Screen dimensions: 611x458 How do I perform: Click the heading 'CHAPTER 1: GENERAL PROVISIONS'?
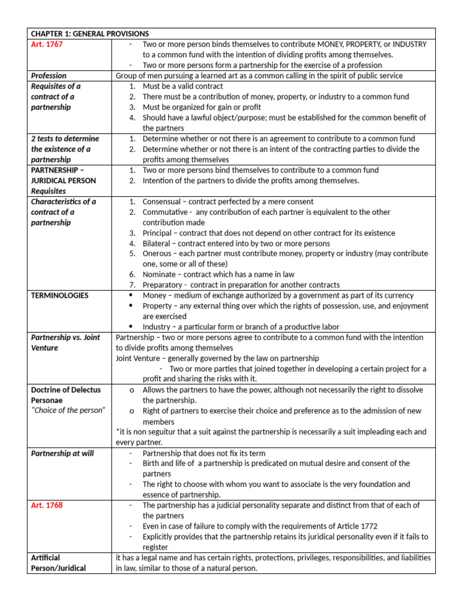tap(89, 33)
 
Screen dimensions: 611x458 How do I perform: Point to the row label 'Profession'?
tap(49, 76)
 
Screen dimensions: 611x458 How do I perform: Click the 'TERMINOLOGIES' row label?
tap(60, 295)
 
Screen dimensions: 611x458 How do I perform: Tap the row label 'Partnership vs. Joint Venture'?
tap(66, 342)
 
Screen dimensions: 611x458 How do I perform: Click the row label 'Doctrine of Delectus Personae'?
tap(66, 395)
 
